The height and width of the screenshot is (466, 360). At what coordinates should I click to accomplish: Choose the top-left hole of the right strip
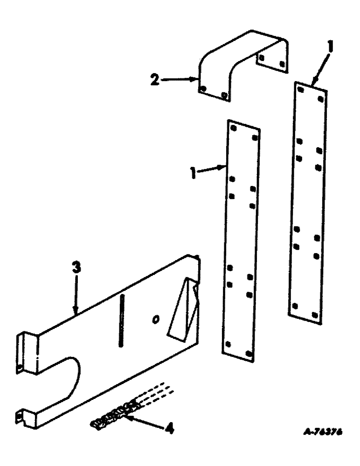coord(301,89)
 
